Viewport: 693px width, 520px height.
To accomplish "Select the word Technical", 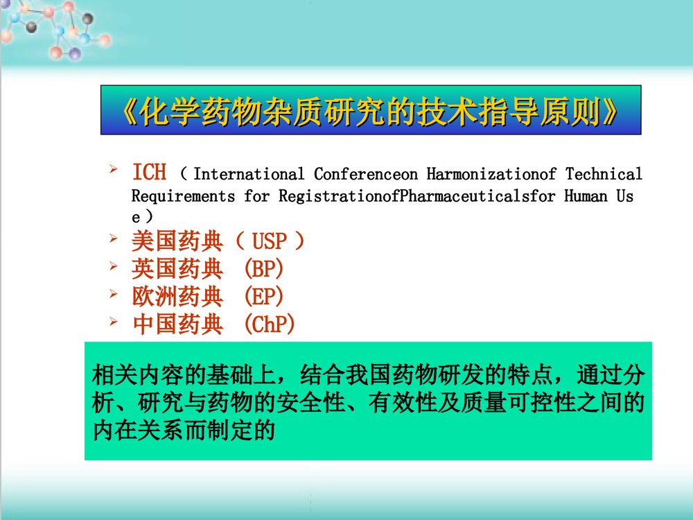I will [x=604, y=174].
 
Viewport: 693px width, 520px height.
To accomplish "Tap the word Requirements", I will [x=183, y=196].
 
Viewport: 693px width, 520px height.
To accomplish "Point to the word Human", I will [x=586, y=196].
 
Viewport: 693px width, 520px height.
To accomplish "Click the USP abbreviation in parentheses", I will [x=269, y=243].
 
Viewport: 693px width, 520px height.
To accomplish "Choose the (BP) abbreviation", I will [x=264, y=269].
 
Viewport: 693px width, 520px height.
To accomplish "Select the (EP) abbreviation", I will [x=264, y=297].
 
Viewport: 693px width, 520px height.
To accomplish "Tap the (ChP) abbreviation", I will [x=270, y=324].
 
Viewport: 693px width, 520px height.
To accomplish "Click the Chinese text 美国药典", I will [x=177, y=243].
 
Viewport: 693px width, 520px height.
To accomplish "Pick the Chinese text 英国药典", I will [x=177, y=269].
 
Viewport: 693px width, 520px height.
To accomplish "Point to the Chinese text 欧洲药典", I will [x=177, y=297].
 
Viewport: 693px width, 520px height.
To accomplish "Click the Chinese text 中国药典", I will [x=177, y=324].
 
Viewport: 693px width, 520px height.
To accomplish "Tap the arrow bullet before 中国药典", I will [x=114, y=322].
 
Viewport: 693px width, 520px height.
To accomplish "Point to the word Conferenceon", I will [x=366, y=174].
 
